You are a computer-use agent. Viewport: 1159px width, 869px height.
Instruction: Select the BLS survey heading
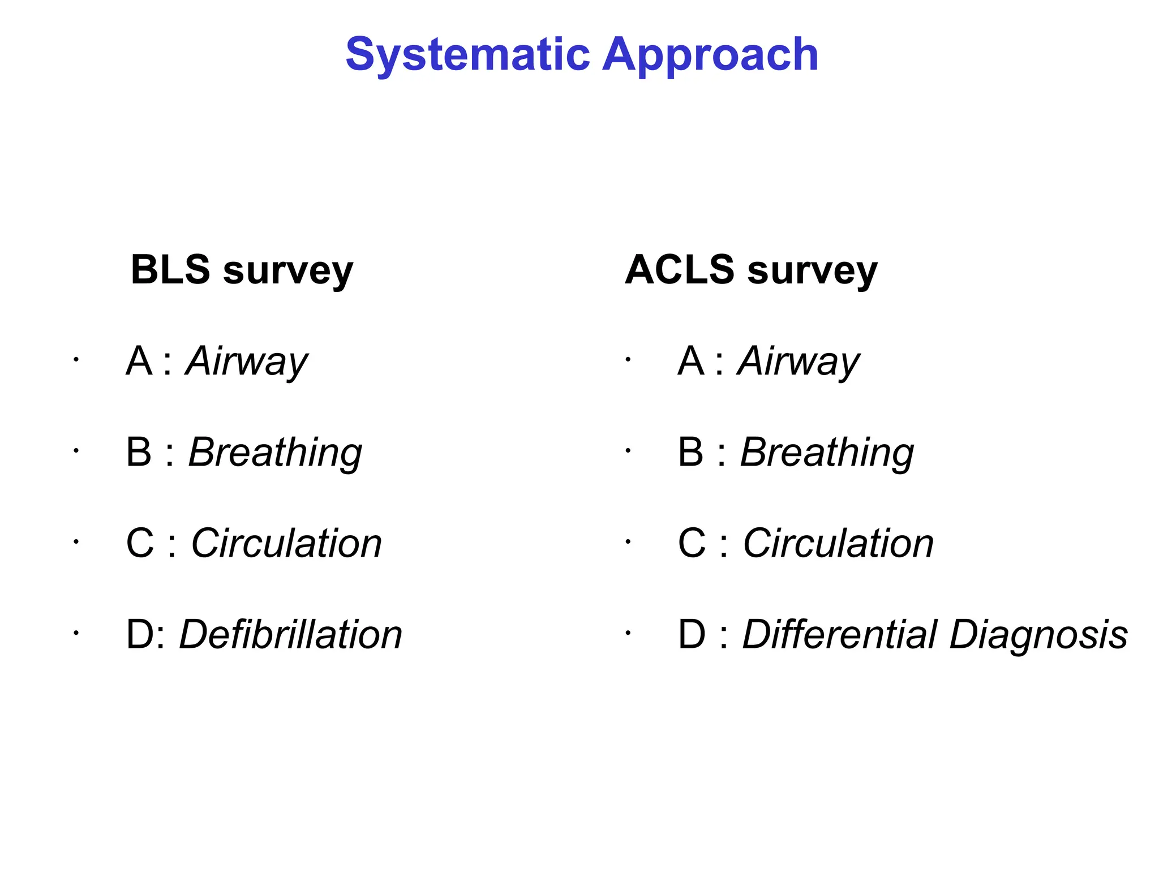pos(242,270)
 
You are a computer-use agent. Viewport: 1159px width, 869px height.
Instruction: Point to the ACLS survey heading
pos(751,270)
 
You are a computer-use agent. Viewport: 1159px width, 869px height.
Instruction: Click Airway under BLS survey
pos(247,362)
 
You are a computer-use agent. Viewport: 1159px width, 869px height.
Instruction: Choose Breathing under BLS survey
pos(275,453)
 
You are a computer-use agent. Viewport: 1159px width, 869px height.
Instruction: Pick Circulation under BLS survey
pos(286,544)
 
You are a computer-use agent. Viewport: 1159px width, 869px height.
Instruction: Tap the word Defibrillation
pos(291,635)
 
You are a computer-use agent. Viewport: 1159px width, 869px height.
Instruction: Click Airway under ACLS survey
pos(799,362)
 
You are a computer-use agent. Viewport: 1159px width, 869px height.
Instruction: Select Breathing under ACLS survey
pos(827,453)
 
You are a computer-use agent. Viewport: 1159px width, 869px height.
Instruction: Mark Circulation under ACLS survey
pos(838,544)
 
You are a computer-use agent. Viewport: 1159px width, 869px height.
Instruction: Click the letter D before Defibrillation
pos(139,635)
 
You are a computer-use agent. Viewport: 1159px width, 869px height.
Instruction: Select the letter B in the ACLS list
pos(691,453)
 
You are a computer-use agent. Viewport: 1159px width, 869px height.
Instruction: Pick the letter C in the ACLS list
pos(692,544)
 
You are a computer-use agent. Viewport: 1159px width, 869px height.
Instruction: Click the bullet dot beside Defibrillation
pos(75,633)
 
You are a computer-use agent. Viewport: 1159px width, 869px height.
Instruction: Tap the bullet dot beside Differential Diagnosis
pos(628,633)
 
